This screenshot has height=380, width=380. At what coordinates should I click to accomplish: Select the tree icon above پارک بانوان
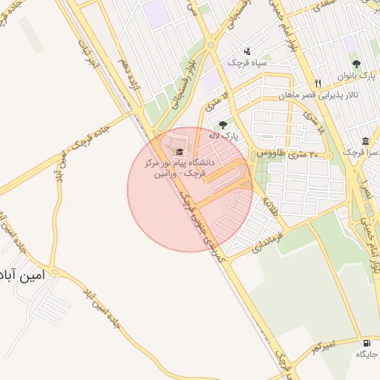pos(356,65)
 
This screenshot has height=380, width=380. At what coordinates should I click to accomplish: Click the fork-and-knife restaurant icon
pos(318,83)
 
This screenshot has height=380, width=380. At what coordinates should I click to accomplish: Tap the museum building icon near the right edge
pos(366,141)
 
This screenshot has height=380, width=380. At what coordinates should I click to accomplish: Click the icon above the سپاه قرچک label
pos(247,51)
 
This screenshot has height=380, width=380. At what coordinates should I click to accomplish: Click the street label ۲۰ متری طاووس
pos(287,153)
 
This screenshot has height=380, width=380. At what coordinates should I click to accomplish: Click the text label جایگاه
pos(367,356)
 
